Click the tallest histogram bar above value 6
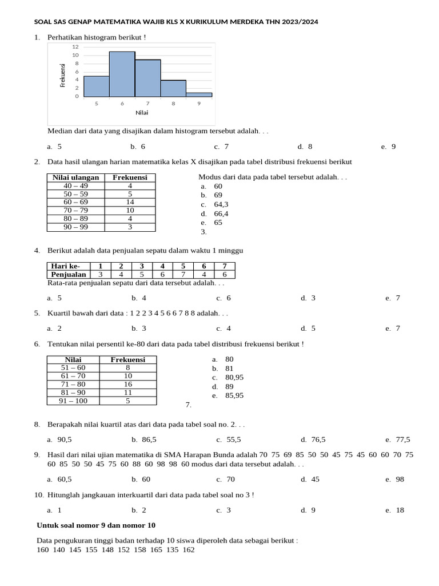[122, 74]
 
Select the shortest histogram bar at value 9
[198, 94]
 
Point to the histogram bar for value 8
[173, 88]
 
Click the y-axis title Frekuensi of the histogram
[63, 75]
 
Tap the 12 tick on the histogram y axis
[75, 46]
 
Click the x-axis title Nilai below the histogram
[142, 112]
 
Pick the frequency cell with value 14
[130, 202]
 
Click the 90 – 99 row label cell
[75, 227]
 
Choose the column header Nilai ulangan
[75, 177]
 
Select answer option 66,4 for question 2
[221, 213]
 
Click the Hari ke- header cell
[66, 266]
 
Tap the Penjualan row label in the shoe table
[68, 274]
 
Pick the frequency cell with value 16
[128, 384]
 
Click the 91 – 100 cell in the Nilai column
[73, 401]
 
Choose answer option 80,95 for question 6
[234, 377]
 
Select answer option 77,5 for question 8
[402, 439]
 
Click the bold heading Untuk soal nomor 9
[95, 525]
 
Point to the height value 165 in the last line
[156, 549]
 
